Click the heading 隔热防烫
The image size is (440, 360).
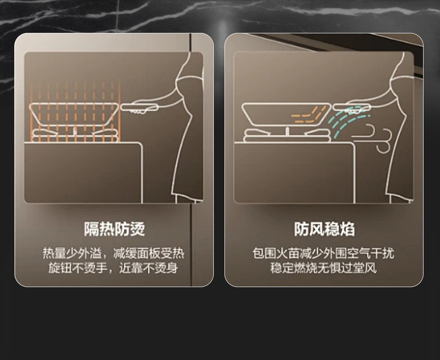coord(114,229)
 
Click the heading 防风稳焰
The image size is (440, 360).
coord(324,229)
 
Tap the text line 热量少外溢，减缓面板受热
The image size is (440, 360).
coord(113,254)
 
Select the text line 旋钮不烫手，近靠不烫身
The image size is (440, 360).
coord(113,268)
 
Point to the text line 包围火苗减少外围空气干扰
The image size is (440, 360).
coord(323,254)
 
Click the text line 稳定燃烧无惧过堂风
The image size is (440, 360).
coord(323,268)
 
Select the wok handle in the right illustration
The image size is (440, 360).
coord(351,107)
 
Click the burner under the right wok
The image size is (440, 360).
coord(287,135)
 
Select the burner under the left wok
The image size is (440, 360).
coord(74,134)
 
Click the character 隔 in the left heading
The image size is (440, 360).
coord(92,229)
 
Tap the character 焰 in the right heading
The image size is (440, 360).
coord(347,229)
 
